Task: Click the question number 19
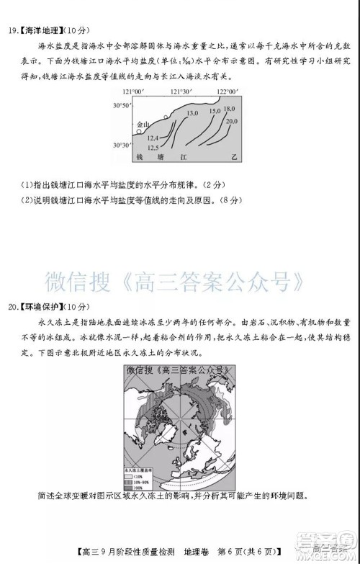(11, 30)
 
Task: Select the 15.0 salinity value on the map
(215, 112)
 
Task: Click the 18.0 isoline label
(229, 108)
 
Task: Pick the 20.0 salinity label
(231, 122)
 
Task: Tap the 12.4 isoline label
(153, 138)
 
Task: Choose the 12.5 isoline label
(153, 147)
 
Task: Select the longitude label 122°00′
(227, 92)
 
